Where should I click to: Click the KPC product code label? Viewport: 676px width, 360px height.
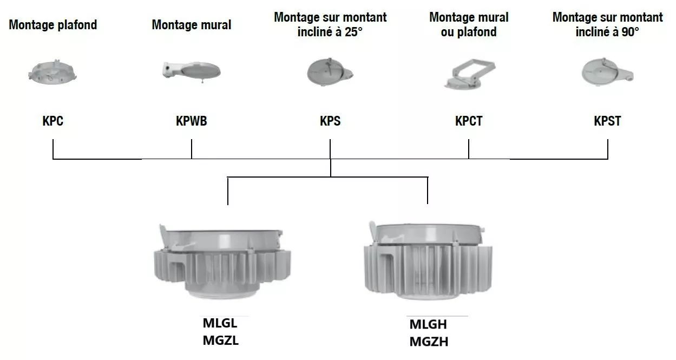53,121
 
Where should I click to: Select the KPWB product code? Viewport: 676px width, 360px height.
192,121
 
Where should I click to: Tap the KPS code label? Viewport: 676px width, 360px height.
330,121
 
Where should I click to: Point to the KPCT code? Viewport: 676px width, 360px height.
469,121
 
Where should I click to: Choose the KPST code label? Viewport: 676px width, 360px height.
607,121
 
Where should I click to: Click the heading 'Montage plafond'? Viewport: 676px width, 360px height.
53,25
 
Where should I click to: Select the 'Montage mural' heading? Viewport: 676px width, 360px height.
192,25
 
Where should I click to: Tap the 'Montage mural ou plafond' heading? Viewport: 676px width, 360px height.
469,24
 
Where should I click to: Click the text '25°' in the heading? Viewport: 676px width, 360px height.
352,32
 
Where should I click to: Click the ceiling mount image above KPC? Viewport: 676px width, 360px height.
53,74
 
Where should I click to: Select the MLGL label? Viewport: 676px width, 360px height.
220,324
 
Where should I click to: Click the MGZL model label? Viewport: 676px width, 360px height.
220,341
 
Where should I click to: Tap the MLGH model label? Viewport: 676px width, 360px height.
429,325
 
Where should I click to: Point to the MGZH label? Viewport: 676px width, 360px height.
429,342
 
